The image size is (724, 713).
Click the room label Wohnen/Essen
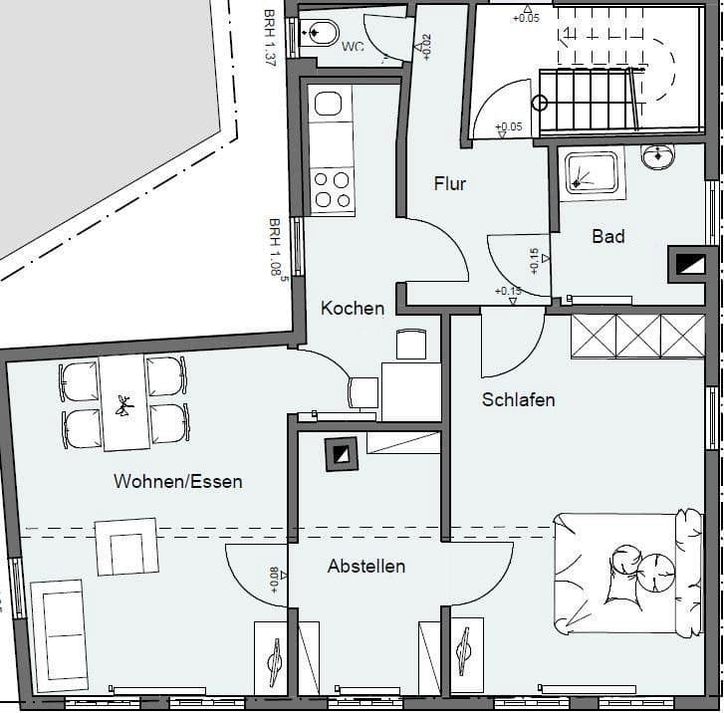click(x=178, y=482)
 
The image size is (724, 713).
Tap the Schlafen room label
click(x=518, y=400)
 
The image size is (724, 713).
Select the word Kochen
click(x=353, y=309)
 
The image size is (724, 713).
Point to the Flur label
click(x=450, y=184)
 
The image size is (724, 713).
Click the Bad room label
click(x=608, y=237)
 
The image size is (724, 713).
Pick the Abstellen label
click(x=366, y=567)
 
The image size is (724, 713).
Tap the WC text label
click(x=353, y=47)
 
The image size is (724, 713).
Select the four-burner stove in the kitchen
click(x=332, y=188)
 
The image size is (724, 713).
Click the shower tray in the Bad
click(x=592, y=173)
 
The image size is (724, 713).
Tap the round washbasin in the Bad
click(x=658, y=156)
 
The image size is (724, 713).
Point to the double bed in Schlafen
click(x=627, y=573)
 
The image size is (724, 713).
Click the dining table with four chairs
click(x=124, y=402)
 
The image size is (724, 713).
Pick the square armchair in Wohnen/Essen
click(x=127, y=547)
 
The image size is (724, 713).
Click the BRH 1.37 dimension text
click(x=270, y=39)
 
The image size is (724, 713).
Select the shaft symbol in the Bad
click(x=690, y=265)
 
